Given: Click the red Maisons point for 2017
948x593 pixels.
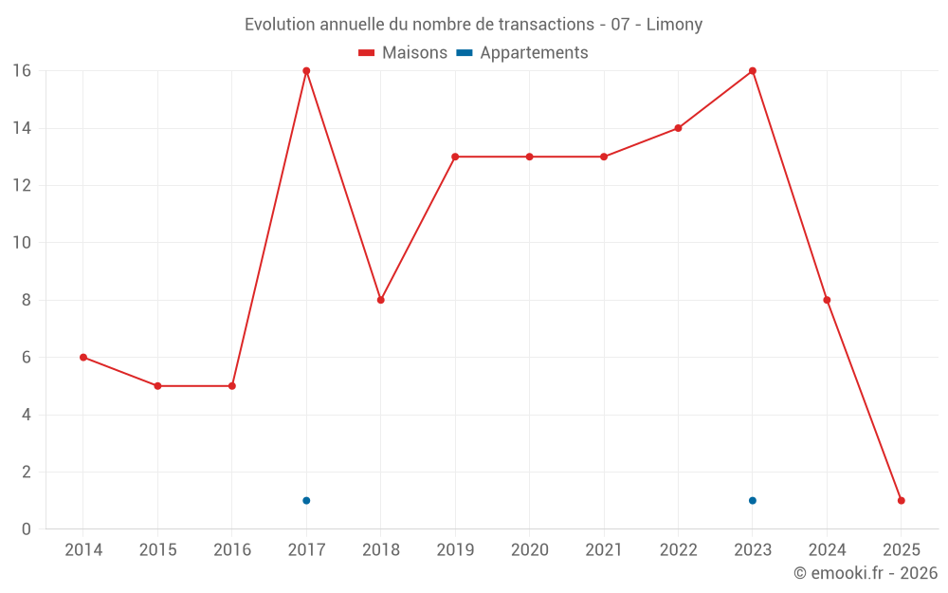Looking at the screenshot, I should point(306,71).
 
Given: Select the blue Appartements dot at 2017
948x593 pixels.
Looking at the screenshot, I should point(306,500).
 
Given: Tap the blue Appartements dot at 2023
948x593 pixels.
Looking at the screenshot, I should point(753,500).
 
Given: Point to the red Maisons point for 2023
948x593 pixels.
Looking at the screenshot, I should point(753,71).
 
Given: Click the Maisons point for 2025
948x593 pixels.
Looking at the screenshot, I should point(902,500).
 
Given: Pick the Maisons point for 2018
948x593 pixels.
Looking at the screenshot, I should point(380,300).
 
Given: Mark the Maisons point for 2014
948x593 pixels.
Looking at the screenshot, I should point(83,357).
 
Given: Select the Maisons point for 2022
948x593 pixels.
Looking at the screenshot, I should point(678,128).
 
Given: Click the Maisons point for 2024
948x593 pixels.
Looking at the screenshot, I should point(827,300).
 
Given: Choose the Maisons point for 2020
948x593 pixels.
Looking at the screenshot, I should point(529,157).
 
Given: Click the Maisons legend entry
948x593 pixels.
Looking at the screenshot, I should point(403,53).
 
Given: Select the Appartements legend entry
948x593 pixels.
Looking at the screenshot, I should point(522,53).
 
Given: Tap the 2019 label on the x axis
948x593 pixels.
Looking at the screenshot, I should point(455,550).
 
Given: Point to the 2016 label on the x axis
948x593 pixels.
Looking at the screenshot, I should point(232,550).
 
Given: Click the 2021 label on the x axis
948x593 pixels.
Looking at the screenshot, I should point(604,550).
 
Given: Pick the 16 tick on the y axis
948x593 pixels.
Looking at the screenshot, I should point(21,71).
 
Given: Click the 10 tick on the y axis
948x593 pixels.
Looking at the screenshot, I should point(21,243).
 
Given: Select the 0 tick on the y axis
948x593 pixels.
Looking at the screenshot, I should point(26,528).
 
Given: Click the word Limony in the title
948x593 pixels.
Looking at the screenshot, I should point(674,25).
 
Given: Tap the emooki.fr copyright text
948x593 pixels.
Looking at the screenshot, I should point(866,573).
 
